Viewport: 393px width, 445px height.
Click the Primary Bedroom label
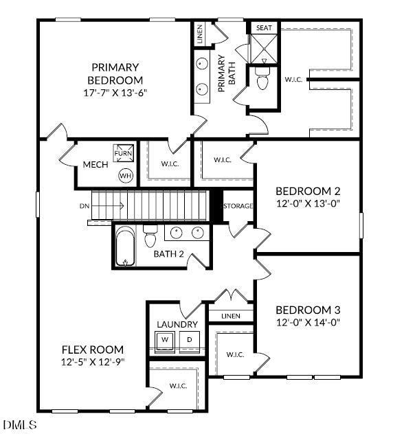115,73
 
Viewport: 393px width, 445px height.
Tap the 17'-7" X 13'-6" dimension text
115,92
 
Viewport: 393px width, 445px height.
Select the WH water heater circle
125,176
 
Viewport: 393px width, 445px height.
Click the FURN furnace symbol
124,152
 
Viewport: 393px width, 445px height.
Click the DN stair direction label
85,205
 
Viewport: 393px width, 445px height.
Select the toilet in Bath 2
150,238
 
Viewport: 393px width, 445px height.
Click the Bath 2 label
168,254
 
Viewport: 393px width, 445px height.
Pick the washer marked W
165,340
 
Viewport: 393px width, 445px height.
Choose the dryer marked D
190,340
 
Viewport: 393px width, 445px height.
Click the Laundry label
177,324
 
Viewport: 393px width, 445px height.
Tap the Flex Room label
93,348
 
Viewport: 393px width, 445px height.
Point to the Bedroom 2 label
307,191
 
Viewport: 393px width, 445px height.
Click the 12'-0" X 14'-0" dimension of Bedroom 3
307,322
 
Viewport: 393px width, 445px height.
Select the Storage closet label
238,206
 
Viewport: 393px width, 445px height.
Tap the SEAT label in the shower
264,28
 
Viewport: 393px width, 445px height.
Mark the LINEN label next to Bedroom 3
231,316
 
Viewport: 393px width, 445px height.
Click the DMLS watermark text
21,425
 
